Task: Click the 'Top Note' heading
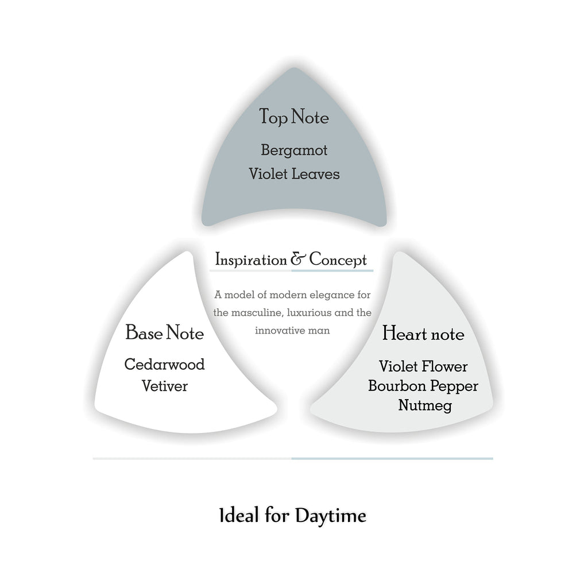294,117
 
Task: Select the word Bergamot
294,151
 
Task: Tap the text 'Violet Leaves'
294,173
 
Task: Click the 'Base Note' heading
164,332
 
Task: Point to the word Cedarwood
164,364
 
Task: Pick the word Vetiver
164,386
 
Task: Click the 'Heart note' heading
423,334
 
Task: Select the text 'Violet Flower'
423,366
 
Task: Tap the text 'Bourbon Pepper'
423,386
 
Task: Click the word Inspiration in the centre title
250,260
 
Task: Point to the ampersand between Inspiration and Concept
299,260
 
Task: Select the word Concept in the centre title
338,260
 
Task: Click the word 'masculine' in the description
260,313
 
